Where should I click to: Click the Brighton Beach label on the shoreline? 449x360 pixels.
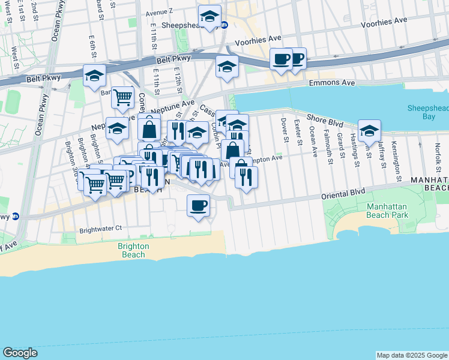[130, 250]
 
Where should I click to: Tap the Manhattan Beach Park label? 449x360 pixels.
[387, 210]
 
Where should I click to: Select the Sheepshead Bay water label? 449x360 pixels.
[428, 112]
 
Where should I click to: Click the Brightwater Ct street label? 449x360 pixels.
[101, 228]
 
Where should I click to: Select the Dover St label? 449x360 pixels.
[284, 131]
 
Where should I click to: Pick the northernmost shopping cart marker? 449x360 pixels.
[122, 96]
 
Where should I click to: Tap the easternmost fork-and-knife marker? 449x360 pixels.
[246, 176]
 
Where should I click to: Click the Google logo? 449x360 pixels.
[20, 353]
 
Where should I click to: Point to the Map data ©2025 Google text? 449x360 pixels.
[412, 355]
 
